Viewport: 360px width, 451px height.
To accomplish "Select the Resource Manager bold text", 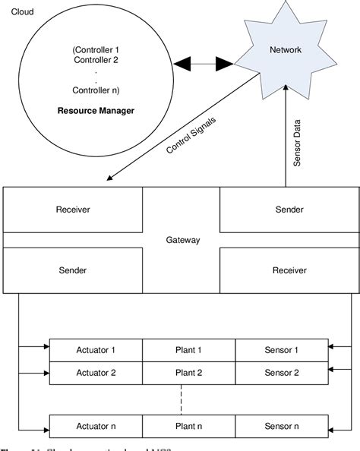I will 96,110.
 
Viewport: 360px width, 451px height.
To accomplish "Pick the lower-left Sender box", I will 74,270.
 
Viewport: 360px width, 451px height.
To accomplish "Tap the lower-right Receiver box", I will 289,270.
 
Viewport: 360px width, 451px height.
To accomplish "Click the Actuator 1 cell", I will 96,350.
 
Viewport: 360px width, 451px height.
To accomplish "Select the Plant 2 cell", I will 188,373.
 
